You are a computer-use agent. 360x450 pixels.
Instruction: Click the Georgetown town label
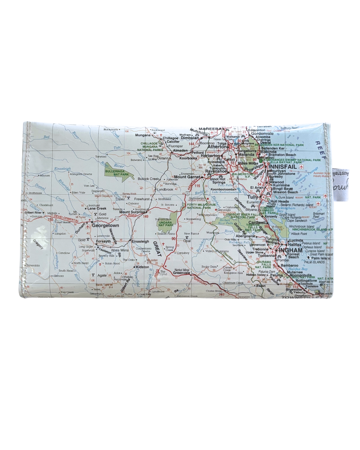click(105, 226)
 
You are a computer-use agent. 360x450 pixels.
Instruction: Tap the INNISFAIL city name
click(283, 167)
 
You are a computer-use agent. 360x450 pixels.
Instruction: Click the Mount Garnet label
click(187, 177)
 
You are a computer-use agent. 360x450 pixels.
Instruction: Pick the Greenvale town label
click(181, 273)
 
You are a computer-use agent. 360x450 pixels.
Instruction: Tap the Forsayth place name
click(103, 241)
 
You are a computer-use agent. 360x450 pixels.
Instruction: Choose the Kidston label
click(142, 267)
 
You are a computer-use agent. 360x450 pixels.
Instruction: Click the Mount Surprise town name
click(132, 212)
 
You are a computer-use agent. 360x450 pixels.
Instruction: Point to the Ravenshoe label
click(216, 171)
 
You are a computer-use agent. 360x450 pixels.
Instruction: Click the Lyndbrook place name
click(165, 189)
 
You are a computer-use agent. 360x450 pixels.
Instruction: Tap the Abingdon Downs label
click(81, 174)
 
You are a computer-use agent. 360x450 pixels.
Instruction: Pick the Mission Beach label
click(285, 192)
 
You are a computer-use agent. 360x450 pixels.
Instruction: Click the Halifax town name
click(295, 244)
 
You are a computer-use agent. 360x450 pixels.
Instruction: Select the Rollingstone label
click(306, 280)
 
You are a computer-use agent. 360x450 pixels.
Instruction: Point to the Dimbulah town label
click(190, 138)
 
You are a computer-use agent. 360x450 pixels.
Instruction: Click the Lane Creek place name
click(97, 209)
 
